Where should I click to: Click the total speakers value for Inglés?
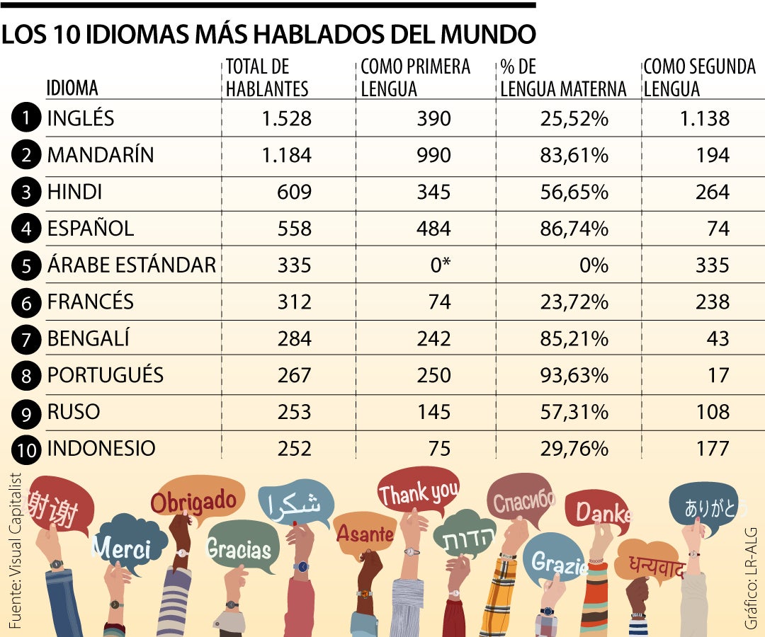[286, 118]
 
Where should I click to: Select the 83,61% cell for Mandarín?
[574, 156]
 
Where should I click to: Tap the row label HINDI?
[74, 192]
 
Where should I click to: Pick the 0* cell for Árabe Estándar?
[441, 265]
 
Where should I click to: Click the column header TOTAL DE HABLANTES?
[267, 78]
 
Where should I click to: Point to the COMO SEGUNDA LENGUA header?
[700, 78]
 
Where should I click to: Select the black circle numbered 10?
[26, 449]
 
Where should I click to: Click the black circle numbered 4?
[26, 229]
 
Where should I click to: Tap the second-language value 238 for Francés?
[713, 302]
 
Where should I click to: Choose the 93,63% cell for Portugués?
[574, 375]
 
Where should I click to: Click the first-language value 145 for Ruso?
[433, 413]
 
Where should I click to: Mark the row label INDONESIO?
[101, 449]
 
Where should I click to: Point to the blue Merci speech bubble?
[127, 544]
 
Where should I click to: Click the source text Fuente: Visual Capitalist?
[15, 550]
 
